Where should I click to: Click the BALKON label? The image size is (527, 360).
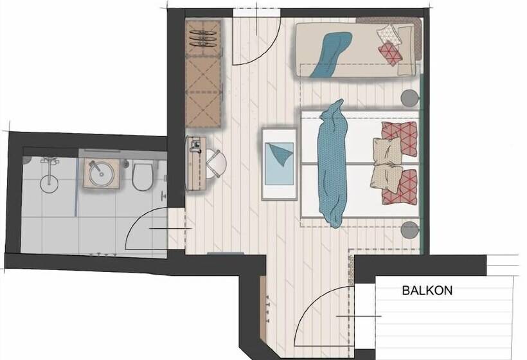427,290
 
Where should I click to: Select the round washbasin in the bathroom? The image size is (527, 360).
101,174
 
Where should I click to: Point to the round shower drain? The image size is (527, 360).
49,183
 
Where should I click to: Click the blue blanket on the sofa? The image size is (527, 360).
331,55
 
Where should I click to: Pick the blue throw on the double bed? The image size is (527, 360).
333,163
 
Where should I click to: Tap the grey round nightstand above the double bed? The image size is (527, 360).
410,98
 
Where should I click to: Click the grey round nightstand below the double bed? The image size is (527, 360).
410,230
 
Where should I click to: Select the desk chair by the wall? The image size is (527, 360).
215,164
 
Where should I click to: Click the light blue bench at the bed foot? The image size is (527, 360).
280,164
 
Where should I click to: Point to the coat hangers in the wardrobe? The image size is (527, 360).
203,39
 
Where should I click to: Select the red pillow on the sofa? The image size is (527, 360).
391,53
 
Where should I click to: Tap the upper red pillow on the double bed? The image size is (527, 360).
400,138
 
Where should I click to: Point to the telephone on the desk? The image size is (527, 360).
195,145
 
